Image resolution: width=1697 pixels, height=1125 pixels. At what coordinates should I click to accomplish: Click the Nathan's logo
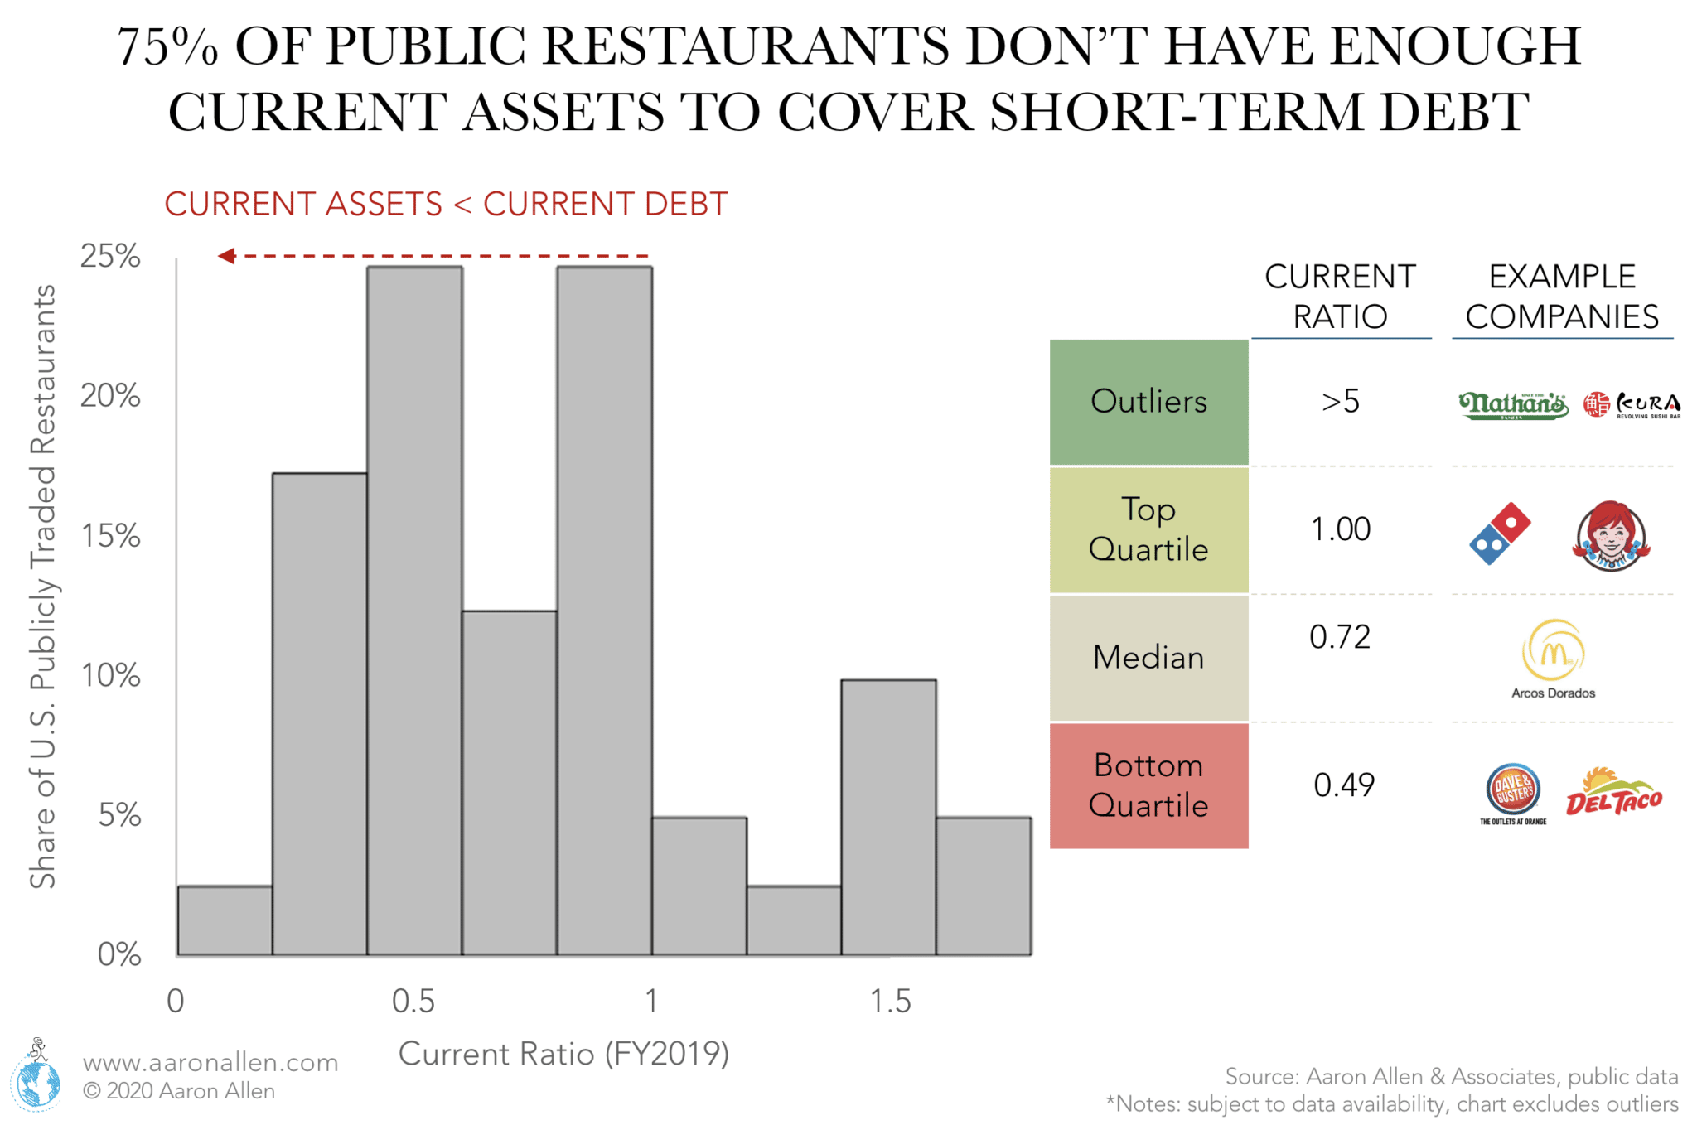tap(1512, 404)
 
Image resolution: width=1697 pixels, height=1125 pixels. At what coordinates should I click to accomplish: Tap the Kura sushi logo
tap(1632, 404)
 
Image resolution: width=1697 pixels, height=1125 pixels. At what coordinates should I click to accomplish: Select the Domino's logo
tap(1499, 533)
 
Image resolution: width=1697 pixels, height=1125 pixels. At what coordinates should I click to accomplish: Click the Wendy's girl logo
tap(1610, 535)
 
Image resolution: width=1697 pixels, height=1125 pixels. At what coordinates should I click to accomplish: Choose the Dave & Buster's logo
tap(1513, 790)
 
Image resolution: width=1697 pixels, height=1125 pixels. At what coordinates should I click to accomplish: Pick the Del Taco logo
tap(1613, 794)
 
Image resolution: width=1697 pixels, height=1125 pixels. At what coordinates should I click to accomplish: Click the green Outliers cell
tap(1148, 402)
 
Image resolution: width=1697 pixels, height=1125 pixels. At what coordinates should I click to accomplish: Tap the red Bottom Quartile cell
tap(1148, 785)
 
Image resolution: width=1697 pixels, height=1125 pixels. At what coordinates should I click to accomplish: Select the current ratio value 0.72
tap(1340, 637)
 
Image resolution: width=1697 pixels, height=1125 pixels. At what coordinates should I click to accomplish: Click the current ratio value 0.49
tap(1343, 785)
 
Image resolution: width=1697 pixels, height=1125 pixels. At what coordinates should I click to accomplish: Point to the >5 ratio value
tap(1340, 402)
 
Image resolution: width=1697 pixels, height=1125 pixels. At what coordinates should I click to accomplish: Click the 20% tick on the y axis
tap(110, 396)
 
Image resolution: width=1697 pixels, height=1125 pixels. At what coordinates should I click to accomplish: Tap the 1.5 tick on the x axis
tap(890, 1002)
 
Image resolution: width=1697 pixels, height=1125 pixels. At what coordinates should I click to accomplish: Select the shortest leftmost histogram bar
tap(225, 920)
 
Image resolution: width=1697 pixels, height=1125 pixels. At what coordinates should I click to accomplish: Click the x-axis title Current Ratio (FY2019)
tap(563, 1054)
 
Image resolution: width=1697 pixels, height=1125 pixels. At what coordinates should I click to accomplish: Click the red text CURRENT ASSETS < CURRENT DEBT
tap(446, 204)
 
